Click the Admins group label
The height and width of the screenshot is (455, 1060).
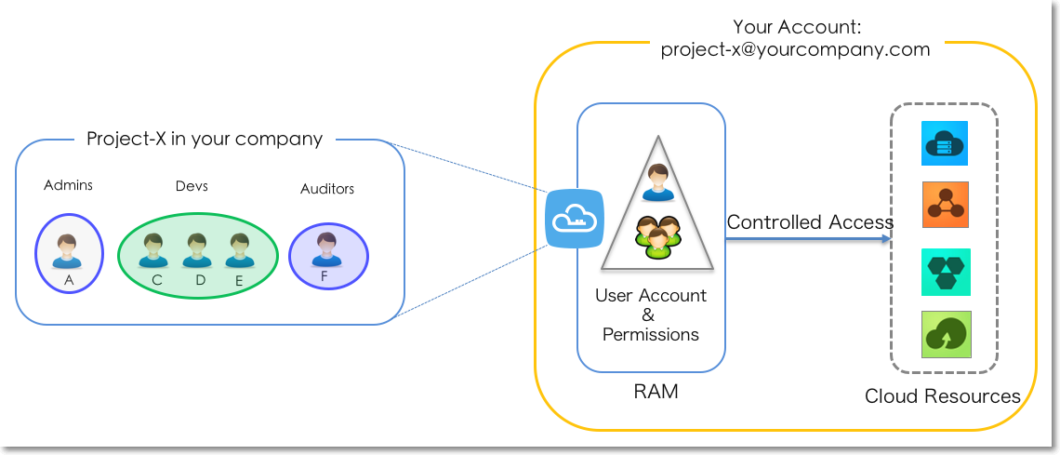pyautogui.click(x=68, y=185)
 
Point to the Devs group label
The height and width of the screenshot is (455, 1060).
pyautogui.click(x=192, y=186)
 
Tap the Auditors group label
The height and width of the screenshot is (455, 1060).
pyautogui.click(x=327, y=189)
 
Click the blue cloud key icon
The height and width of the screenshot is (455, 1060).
pyautogui.click(x=574, y=220)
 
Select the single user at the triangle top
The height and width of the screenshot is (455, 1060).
pyautogui.click(x=656, y=181)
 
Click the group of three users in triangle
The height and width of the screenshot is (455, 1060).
pyautogui.click(x=657, y=236)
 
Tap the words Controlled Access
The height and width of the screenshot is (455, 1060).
pyautogui.click(x=810, y=222)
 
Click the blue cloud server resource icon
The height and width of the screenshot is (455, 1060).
pyautogui.click(x=945, y=143)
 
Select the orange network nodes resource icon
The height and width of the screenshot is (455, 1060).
pyautogui.click(x=945, y=205)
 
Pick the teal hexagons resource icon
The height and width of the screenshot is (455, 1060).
pyautogui.click(x=946, y=272)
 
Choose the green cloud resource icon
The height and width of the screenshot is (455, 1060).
pyautogui.click(x=946, y=334)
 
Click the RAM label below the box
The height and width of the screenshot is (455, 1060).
pyautogui.click(x=656, y=392)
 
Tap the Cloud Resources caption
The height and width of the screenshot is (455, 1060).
pyautogui.click(x=943, y=396)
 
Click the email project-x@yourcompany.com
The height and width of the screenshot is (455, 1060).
pyautogui.click(x=795, y=49)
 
